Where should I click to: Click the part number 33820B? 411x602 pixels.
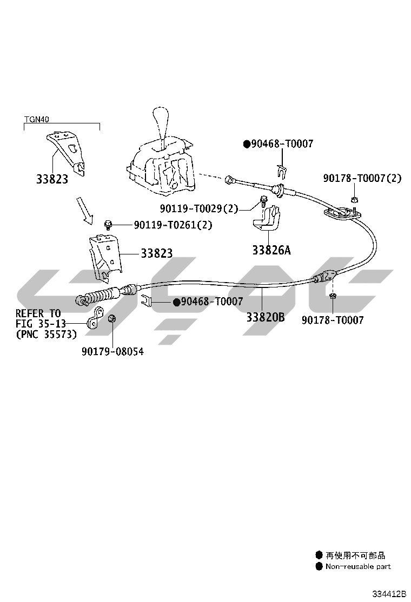pos(266,317)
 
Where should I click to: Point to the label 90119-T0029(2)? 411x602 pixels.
pos(199,208)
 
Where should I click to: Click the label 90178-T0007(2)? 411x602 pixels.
pos(362,178)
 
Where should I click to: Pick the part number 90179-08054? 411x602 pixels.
pos(112,351)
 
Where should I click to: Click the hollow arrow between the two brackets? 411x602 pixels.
pos(84,210)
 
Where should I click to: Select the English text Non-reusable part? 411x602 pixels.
pos(358,566)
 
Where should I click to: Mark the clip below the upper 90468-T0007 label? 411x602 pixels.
pos(281,169)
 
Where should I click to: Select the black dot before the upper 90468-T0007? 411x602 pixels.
pos(247,144)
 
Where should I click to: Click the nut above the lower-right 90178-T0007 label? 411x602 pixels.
pos(333,297)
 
